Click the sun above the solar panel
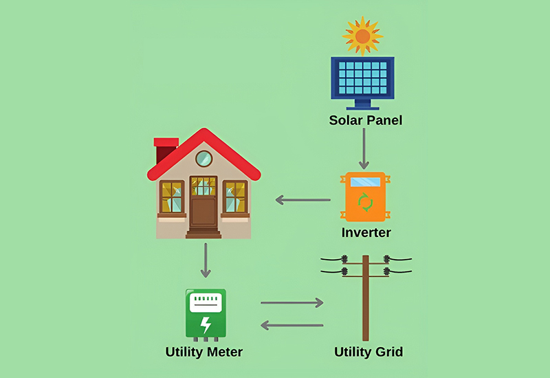click(x=362, y=36)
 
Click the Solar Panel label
click(x=365, y=121)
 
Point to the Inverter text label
click(x=366, y=233)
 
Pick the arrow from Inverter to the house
click(x=303, y=200)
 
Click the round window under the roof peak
click(x=203, y=159)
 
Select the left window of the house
click(x=171, y=197)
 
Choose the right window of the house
click(x=235, y=197)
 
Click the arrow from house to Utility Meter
click(x=204, y=260)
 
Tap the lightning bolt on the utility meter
click(x=205, y=323)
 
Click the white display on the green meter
click(x=205, y=303)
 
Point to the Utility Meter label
click(x=204, y=353)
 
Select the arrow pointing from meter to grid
click(x=291, y=302)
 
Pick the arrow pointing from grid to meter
click(x=291, y=324)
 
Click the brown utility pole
click(x=366, y=302)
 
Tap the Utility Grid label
click(x=368, y=353)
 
